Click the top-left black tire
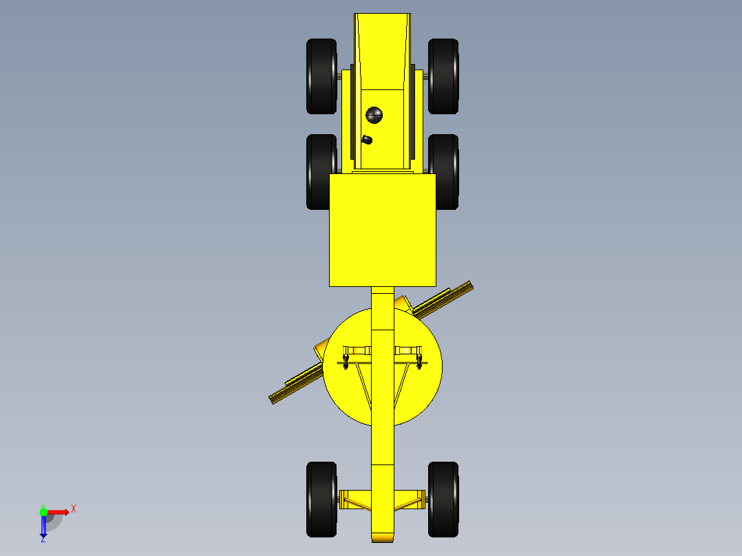point(321,76)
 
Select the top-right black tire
point(443,76)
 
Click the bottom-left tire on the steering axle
point(321,499)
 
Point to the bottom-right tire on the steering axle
point(443,499)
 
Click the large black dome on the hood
point(374,115)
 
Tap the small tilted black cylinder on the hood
point(367,140)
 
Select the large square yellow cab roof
point(382,229)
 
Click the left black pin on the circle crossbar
point(346,360)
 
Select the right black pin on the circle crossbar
point(419,360)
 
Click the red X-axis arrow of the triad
point(59,511)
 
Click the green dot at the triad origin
point(44,511)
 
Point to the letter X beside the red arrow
point(73,509)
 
